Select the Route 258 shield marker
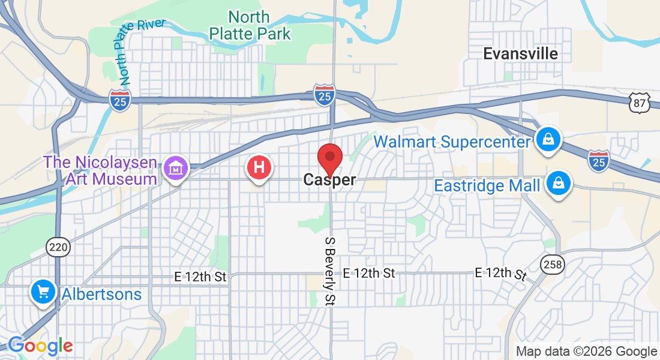coord(552,263)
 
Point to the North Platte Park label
coord(250,25)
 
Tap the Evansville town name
coord(520,53)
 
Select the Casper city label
coord(329,179)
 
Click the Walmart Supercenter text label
coord(452,142)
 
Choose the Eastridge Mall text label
coord(487,185)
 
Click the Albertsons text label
coord(101,294)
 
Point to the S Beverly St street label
coord(329,271)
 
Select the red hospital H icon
coord(259,167)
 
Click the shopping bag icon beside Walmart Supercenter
coord(548,140)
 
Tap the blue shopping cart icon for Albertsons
coord(43,292)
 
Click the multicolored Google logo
coord(40,346)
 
